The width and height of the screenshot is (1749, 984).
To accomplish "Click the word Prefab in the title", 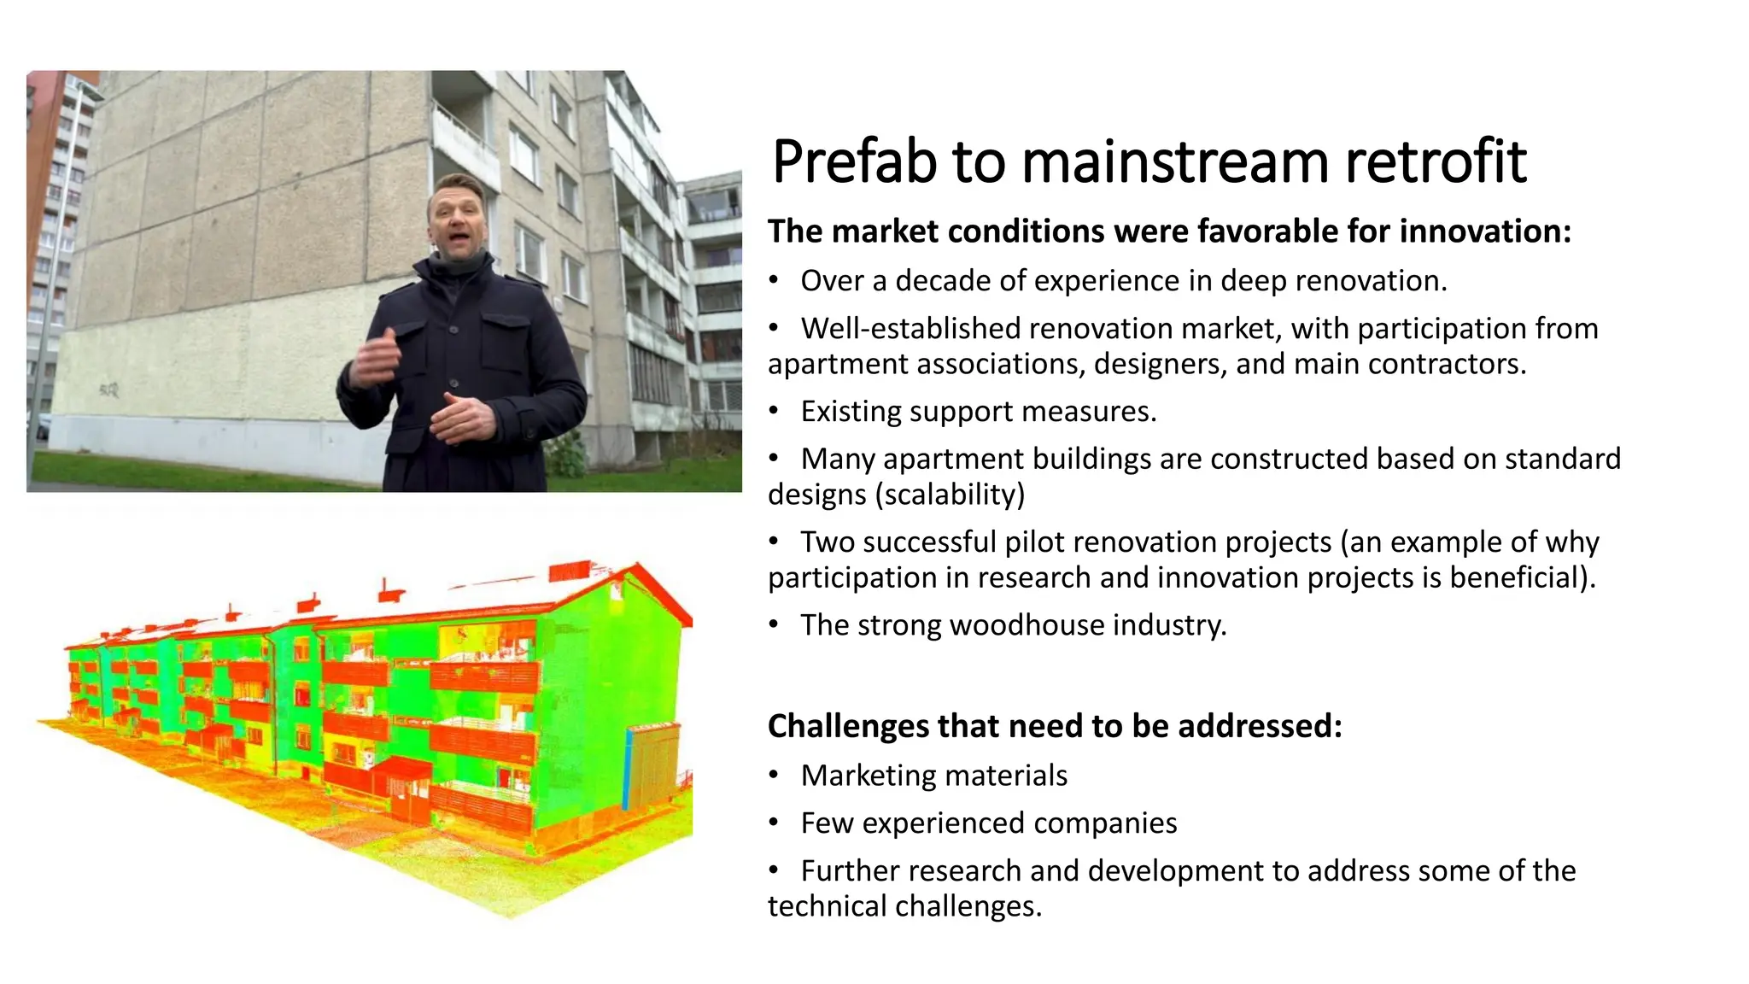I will pyautogui.click(x=855, y=162).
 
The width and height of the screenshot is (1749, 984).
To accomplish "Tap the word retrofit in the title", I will pyautogui.click(x=1435, y=162).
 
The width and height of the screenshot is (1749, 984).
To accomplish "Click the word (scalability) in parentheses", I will pyautogui.click(x=950, y=495).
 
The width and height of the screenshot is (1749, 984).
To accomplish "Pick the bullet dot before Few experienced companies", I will pyautogui.click(x=774, y=823).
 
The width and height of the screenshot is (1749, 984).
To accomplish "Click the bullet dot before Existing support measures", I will pyautogui.click(x=774, y=412).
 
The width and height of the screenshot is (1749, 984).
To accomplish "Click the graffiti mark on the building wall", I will pyautogui.click(x=108, y=391).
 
